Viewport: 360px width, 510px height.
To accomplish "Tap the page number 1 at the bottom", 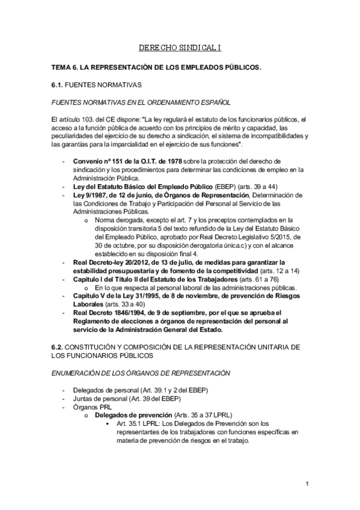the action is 307,484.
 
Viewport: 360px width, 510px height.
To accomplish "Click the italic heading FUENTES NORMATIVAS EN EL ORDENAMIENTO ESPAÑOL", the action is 141,103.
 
